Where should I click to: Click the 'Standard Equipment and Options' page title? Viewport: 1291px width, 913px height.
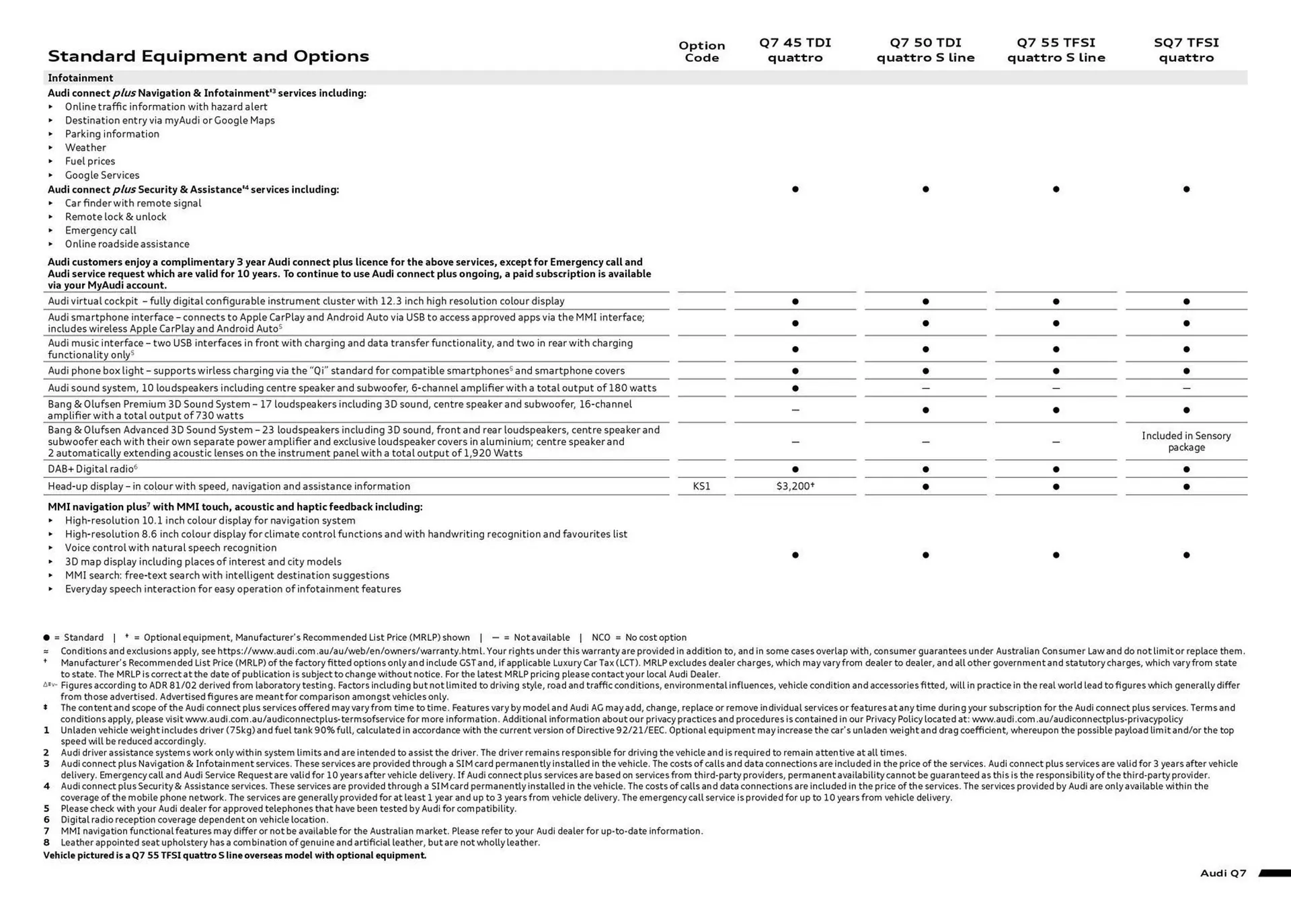(208, 56)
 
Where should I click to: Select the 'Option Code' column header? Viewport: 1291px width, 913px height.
(701, 51)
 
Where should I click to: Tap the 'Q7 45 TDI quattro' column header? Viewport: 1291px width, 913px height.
(795, 50)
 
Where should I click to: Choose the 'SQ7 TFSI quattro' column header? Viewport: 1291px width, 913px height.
(1186, 50)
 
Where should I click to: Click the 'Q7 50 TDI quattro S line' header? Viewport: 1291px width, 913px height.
(925, 50)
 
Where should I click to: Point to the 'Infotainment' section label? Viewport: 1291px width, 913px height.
(80, 78)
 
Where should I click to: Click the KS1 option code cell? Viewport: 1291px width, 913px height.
(701, 486)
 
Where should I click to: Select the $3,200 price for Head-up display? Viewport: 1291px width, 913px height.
(795, 486)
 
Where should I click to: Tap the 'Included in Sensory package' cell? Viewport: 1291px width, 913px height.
(1186, 441)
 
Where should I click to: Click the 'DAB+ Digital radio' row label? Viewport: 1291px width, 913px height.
(92, 469)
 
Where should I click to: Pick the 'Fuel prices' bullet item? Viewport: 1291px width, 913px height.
(89, 161)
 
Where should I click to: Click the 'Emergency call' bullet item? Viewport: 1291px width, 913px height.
(100, 231)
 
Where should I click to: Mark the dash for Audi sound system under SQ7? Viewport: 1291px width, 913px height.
(1186, 388)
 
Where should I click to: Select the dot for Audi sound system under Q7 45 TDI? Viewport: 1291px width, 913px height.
(795, 388)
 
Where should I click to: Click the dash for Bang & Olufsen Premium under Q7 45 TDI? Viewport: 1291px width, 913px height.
(795, 409)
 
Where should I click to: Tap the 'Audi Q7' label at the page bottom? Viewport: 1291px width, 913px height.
(1222, 873)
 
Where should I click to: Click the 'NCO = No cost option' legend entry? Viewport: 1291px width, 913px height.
(639, 637)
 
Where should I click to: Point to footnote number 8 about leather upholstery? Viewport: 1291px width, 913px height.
(46, 842)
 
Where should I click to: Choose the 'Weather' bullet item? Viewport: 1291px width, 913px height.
(85, 148)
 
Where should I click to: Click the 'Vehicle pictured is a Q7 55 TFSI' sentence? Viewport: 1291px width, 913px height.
(235, 855)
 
